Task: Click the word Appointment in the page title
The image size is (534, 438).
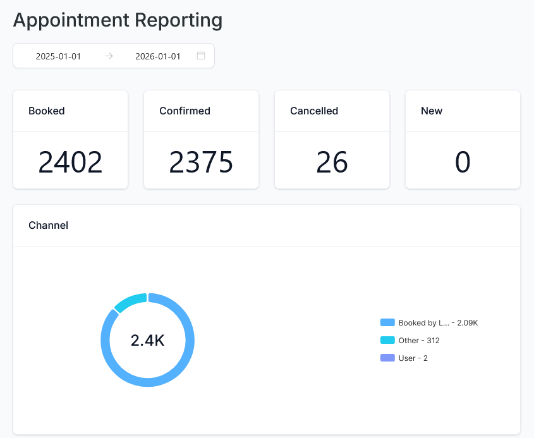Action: pos(71,20)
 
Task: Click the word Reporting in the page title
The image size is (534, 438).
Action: pos(178,20)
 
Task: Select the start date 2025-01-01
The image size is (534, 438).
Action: pos(58,56)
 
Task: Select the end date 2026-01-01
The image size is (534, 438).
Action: pos(158,56)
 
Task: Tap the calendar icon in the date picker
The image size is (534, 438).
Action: pos(201,56)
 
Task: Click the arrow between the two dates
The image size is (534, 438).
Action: pos(109,56)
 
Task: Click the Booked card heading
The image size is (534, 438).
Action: pos(47,111)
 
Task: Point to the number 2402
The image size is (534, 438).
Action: pos(70,162)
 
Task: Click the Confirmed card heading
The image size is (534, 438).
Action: pos(185,111)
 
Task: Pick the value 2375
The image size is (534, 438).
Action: pos(201,162)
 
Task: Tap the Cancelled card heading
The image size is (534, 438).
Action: pos(314,111)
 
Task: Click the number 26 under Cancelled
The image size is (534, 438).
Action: pos(332,162)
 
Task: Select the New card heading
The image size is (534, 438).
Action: pos(432,111)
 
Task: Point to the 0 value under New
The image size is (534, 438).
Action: pos(463,162)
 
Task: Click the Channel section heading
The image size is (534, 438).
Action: pos(49,225)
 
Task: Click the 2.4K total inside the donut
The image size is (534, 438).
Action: pos(147,340)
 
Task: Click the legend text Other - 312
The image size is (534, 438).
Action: pos(419,340)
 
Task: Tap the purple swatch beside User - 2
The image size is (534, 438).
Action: pos(387,358)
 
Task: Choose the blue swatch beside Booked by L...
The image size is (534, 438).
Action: pos(387,322)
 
